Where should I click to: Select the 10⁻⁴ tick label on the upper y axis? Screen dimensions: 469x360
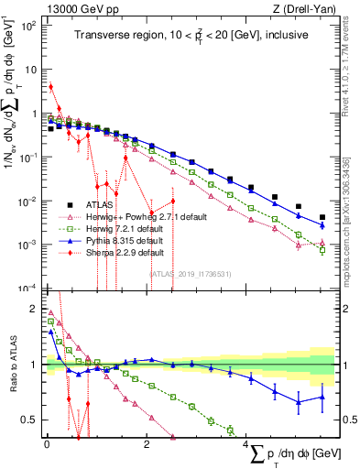point(29,288)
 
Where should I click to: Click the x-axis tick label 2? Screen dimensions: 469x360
point(147,443)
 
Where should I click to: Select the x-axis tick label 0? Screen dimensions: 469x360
point(46,443)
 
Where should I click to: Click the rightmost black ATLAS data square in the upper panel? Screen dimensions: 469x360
point(322,218)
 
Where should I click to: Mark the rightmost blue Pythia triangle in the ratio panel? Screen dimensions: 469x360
point(322,397)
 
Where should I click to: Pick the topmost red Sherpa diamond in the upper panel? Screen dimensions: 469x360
point(51,87)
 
